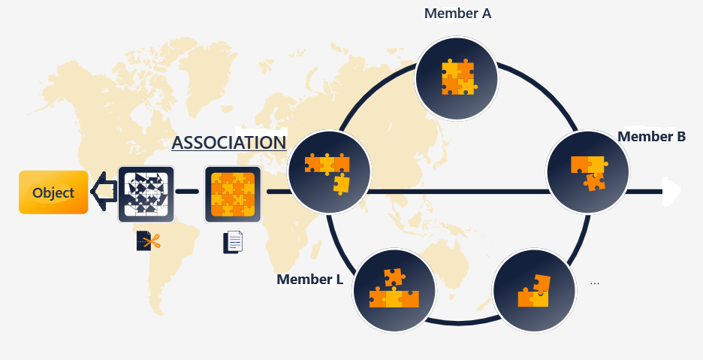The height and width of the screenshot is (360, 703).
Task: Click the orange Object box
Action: (x=53, y=192)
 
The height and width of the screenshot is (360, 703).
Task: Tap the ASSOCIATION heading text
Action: (x=228, y=143)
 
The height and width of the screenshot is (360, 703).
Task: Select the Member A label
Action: (x=457, y=13)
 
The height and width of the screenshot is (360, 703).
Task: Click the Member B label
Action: (x=651, y=136)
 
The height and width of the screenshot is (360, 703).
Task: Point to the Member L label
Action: (x=309, y=280)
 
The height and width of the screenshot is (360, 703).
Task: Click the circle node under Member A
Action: (x=457, y=77)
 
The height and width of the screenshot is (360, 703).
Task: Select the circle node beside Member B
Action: (x=587, y=171)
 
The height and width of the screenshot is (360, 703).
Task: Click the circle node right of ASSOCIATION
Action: (x=329, y=172)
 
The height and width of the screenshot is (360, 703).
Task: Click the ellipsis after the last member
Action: (x=595, y=283)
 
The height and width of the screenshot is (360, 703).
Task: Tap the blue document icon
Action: (x=234, y=242)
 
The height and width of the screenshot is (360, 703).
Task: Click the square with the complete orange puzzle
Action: (x=233, y=194)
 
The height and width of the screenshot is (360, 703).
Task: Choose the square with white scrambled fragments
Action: (x=146, y=194)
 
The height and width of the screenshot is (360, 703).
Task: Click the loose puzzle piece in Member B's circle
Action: (x=596, y=180)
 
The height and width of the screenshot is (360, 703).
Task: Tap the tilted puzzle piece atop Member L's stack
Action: (x=394, y=277)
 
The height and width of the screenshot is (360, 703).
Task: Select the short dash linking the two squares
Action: (x=189, y=192)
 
